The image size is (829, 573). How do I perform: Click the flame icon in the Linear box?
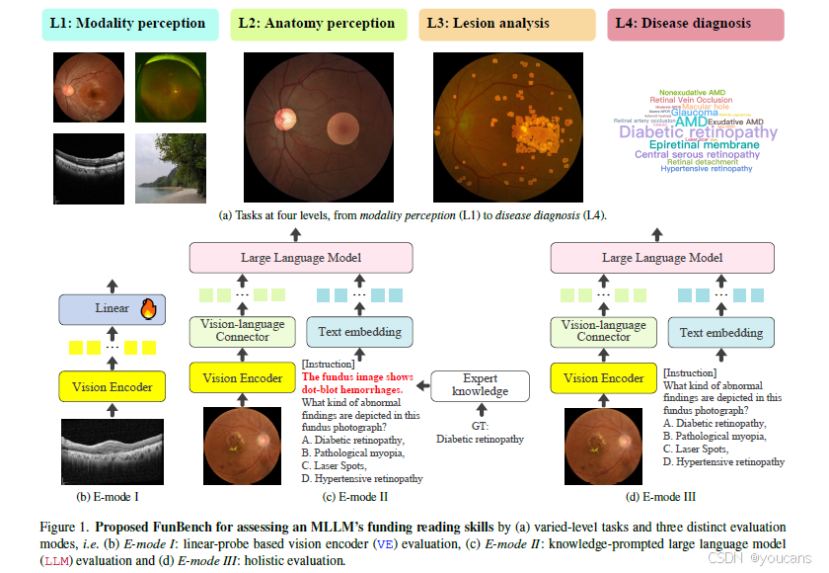[148, 309]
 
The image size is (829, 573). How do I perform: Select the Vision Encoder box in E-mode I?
[106, 386]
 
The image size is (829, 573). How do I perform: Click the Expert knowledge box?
[480, 385]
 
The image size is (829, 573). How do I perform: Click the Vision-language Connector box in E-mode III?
[603, 331]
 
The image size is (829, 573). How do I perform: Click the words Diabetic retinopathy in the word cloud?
[699, 132]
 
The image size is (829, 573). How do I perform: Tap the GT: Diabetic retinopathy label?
[480, 434]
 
